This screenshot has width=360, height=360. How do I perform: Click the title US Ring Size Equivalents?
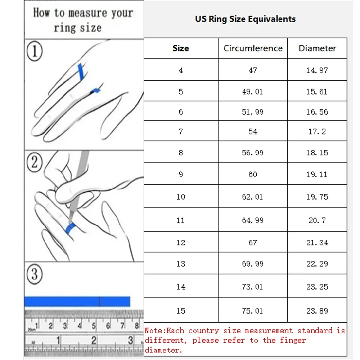245,19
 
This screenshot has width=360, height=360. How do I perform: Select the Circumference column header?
253,48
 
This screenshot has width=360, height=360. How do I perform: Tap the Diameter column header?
317,48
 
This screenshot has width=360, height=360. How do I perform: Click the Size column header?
181,48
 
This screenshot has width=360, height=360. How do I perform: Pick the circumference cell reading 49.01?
252,92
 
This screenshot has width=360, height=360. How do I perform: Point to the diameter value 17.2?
317,132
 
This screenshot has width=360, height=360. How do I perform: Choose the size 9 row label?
181,174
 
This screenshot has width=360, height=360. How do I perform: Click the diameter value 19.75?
317,197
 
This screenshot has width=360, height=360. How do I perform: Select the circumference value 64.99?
252,220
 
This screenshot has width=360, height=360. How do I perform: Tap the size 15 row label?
181,311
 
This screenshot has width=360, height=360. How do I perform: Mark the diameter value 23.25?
317,287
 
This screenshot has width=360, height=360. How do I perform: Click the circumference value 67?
252,243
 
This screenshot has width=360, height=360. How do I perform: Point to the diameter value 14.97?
317,70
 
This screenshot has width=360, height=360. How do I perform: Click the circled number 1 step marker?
34,51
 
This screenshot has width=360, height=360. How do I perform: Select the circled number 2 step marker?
34,162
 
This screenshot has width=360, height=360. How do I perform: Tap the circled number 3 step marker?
34,274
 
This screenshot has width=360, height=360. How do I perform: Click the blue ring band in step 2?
70,228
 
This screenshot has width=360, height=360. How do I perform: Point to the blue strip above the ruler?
77,301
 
